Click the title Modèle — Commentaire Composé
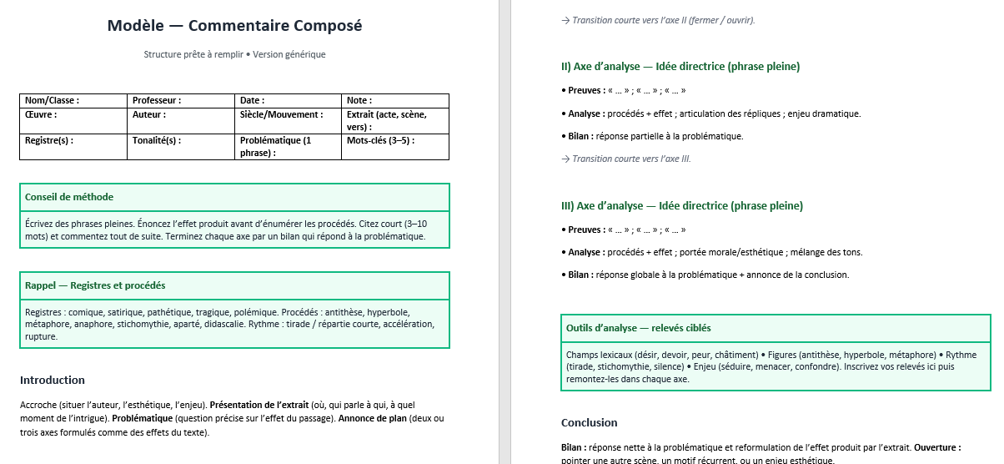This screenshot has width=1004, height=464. coord(234,26)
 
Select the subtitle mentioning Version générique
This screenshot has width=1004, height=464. coord(234,54)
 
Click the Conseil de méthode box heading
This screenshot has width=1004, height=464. coord(69,197)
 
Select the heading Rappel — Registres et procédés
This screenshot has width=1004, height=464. coord(95,285)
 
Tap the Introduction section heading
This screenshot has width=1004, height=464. coord(53,380)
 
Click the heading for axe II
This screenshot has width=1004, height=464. coord(680,66)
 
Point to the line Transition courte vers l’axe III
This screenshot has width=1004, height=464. coord(626,159)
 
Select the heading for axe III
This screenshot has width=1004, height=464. coord(682,205)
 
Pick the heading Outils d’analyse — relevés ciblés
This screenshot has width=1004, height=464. coord(639,328)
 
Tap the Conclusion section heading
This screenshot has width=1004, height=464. coord(590,422)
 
